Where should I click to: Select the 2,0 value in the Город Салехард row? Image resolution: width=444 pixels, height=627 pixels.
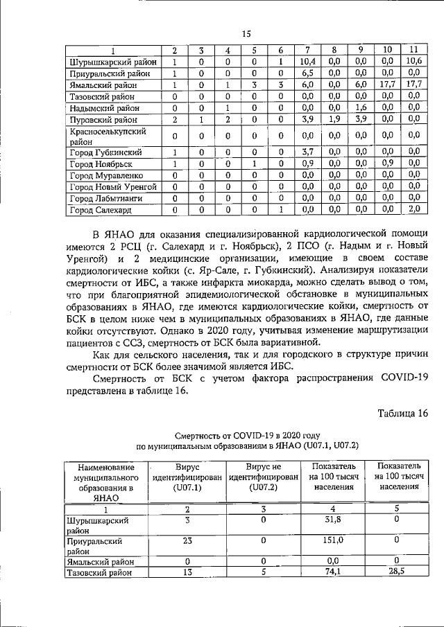[x=414, y=209]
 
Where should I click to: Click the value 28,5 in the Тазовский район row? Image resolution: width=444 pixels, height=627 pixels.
[x=393, y=572]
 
